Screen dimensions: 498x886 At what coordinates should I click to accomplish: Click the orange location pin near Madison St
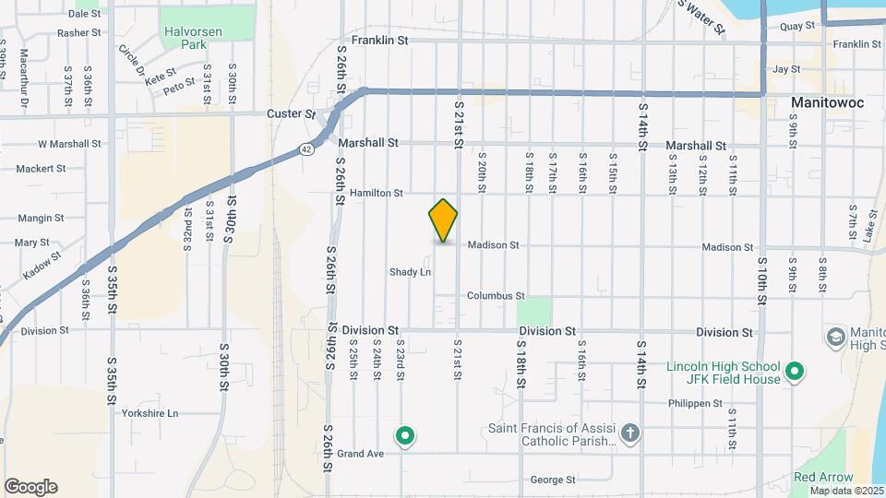pyautogui.click(x=443, y=220)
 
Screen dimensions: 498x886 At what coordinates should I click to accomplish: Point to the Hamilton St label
pyautogui.click(x=377, y=194)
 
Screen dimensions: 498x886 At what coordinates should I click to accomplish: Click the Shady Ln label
pyautogui.click(x=410, y=272)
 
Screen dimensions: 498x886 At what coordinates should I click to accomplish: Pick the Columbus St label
pyautogui.click(x=496, y=296)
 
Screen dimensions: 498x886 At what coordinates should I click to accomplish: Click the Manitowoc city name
pyautogui.click(x=828, y=102)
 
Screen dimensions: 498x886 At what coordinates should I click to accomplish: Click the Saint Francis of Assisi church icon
pyautogui.click(x=629, y=433)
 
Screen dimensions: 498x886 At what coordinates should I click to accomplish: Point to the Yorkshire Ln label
pyautogui.click(x=150, y=413)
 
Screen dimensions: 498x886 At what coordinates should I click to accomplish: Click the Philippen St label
pyautogui.click(x=696, y=404)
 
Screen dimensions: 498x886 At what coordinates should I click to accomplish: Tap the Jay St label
pyautogui.click(x=785, y=69)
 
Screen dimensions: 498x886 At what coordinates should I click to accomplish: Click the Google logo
pyautogui.click(x=30, y=486)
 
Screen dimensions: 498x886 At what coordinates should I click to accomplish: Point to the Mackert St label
pyautogui.click(x=41, y=169)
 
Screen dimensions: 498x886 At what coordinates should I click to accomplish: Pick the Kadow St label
pyautogui.click(x=43, y=261)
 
